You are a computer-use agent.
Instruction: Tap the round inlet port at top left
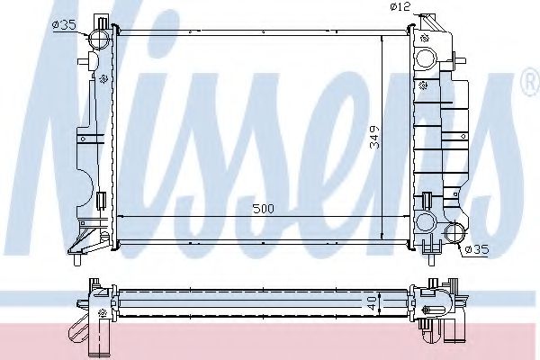(100, 40)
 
